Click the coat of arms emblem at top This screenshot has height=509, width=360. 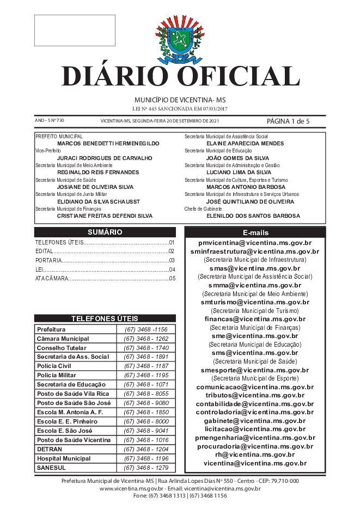tap(179, 40)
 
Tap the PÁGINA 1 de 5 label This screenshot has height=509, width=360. tap(288, 121)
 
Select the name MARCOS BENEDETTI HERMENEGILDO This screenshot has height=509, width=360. tap(108, 143)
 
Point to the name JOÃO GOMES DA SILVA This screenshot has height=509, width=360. tap(238, 158)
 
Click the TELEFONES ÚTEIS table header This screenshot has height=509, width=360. tap(105, 319)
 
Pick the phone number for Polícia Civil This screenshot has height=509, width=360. tap(146, 366)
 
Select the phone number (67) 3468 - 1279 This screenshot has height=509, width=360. tap(146, 468)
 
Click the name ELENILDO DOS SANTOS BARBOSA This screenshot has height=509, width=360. tap(253, 216)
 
